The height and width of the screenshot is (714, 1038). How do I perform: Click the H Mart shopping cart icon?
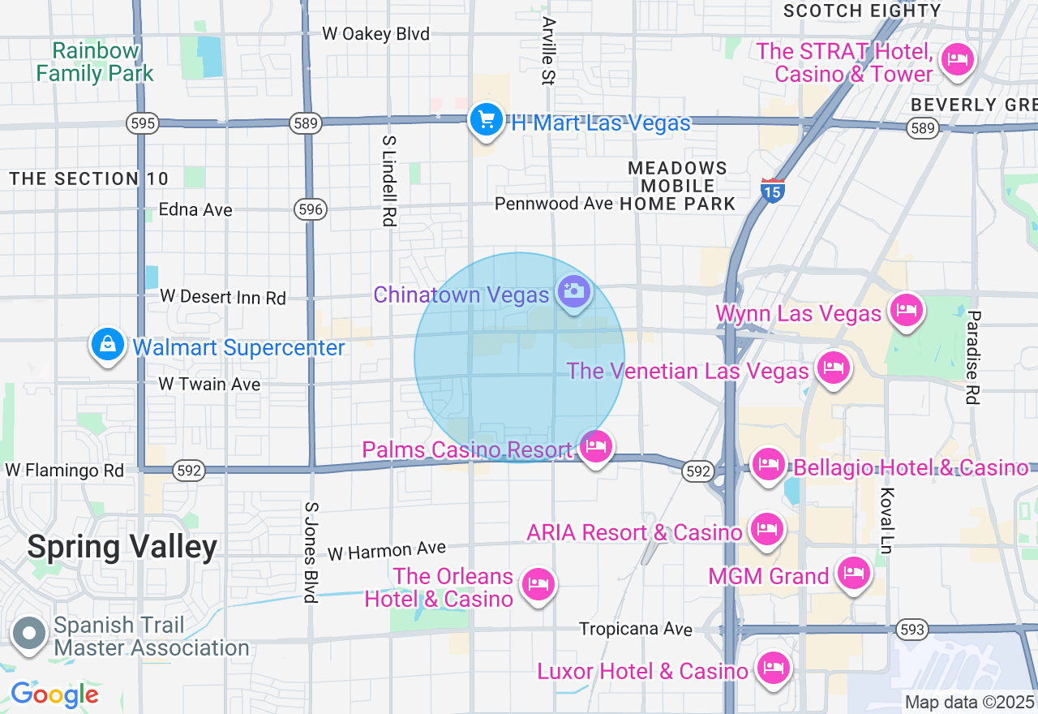[x=486, y=121]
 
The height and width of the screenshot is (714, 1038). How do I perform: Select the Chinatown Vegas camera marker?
[x=574, y=291]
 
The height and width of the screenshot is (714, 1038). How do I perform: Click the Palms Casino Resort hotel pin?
[x=596, y=446]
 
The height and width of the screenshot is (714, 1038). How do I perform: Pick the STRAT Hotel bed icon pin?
[x=958, y=60]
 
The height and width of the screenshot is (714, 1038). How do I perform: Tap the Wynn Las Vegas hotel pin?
[x=906, y=310]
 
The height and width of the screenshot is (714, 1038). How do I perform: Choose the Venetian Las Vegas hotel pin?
[x=833, y=368]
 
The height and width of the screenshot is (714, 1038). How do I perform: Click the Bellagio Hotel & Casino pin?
[x=768, y=464]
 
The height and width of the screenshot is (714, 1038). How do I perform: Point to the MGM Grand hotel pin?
[x=853, y=573]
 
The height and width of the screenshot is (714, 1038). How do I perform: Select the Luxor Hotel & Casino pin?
[x=771, y=669]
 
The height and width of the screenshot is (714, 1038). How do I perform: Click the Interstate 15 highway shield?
[x=772, y=190]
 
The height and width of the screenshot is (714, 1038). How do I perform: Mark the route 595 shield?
[x=143, y=123]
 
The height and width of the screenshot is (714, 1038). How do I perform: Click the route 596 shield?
[x=310, y=209]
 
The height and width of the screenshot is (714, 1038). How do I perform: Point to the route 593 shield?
[x=912, y=629]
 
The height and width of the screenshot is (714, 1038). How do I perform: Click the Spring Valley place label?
[x=122, y=547]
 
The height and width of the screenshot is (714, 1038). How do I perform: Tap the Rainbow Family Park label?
[x=95, y=62]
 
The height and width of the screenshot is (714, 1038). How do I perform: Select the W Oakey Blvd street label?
[x=375, y=34]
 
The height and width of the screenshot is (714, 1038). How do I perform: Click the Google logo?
[x=54, y=695]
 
